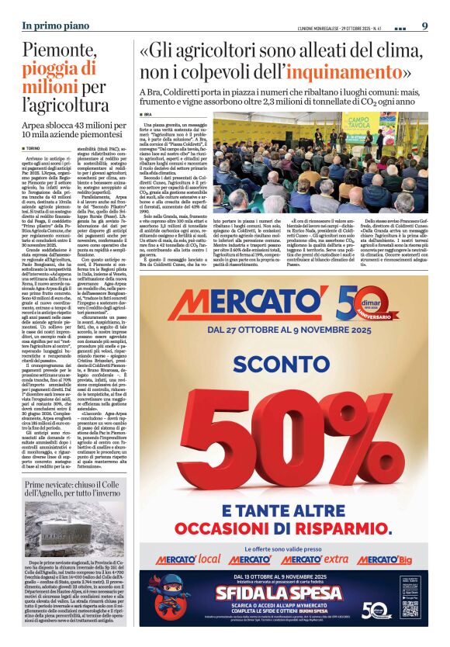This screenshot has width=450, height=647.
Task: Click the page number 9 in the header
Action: pyautogui.click(x=424, y=26)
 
